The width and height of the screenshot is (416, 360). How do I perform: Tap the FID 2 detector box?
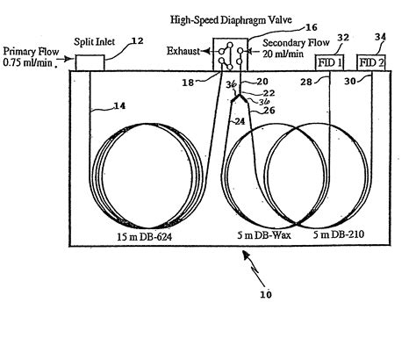pyautogui.click(x=372, y=63)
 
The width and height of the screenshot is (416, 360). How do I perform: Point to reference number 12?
pyautogui.click(x=137, y=40)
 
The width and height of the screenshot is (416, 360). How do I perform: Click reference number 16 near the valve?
pyautogui.click(x=262, y=28)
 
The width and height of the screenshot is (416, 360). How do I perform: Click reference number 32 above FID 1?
pyautogui.click(x=343, y=39)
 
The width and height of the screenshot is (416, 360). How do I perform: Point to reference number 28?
pyautogui.click(x=306, y=82)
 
